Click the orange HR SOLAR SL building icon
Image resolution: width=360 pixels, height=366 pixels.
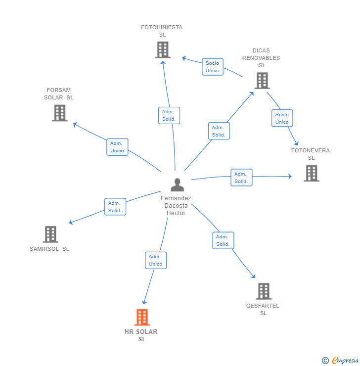142,317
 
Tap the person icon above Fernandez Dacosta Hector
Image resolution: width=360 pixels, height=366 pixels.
178,185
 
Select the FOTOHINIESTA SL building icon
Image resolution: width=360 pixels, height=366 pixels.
163,50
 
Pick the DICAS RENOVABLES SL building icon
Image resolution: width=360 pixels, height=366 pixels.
262,81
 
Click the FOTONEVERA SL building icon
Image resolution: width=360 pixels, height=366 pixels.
312,173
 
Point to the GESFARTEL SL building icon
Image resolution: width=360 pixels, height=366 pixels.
264,291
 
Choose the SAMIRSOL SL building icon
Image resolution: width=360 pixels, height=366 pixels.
50,234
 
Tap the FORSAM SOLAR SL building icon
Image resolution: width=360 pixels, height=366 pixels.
60,113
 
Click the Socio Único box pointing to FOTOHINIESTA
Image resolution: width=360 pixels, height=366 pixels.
213,67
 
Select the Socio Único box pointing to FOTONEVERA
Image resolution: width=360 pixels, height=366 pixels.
282,118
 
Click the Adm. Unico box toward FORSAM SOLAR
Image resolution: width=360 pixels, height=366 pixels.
117,147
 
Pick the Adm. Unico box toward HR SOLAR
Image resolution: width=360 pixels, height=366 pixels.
156,260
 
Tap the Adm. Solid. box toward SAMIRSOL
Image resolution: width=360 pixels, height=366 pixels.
115,207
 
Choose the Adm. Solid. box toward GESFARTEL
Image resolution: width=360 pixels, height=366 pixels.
223,240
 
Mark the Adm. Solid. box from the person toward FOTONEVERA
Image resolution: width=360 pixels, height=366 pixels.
241,178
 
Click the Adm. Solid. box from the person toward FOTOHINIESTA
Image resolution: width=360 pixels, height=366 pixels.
169,115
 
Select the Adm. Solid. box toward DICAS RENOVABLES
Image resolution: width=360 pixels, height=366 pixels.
219,131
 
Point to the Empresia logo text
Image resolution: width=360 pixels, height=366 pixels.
345,360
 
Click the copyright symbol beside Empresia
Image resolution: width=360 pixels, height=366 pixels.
325,361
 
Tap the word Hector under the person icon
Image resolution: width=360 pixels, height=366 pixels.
176,213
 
